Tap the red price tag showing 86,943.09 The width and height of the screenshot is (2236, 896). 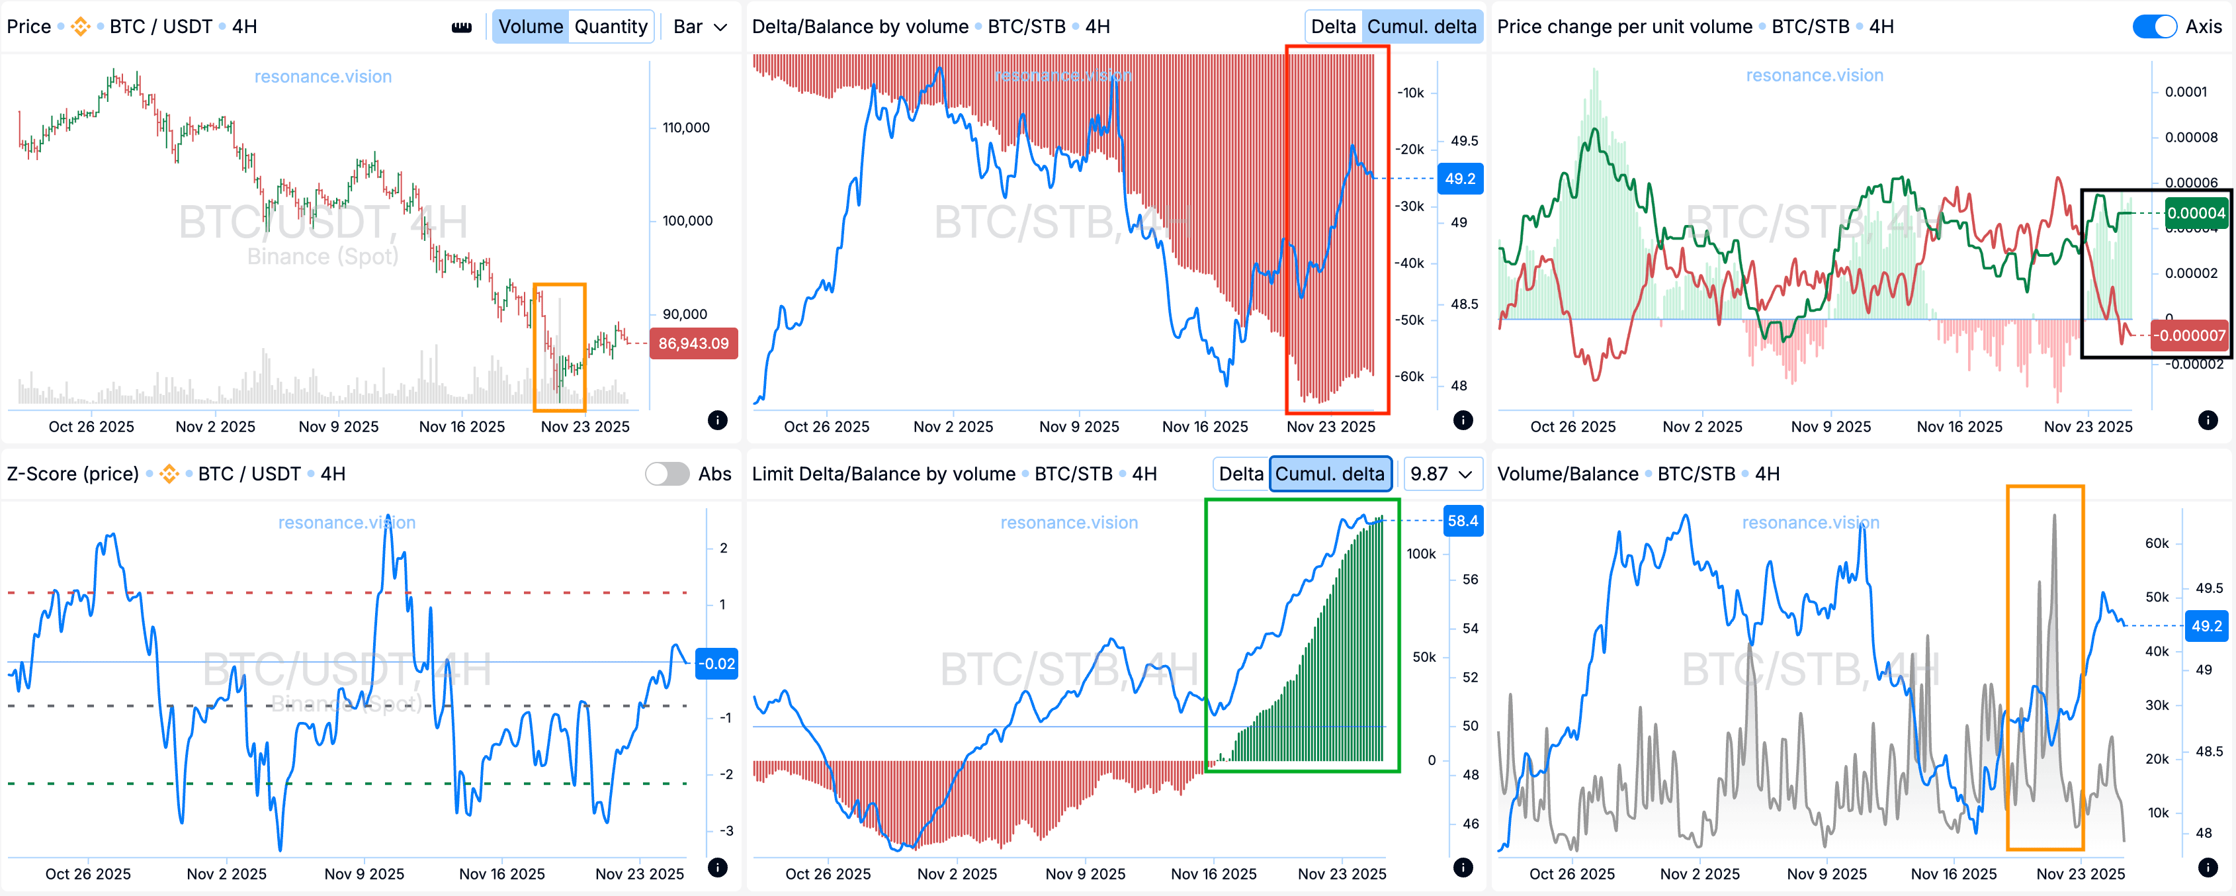pyautogui.click(x=693, y=343)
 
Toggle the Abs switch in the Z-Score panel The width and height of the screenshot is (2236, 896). pyautogui.click(x=667, y=474)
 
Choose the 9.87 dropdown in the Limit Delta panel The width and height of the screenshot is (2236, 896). pyautogui.click(x=1441, y=474)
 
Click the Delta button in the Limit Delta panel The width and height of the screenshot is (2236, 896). pyautogui.click(x=1240, y=474)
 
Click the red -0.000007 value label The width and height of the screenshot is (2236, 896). pyautogui.click(x=2190, y=335)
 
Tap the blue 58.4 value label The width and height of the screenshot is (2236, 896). pyautogui.click(x=1462, y=521)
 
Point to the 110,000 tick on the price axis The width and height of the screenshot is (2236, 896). pyautogui.click(x=686, y=128)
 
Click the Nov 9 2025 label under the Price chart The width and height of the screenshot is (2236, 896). pyautogui.click(x=339, y=426)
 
